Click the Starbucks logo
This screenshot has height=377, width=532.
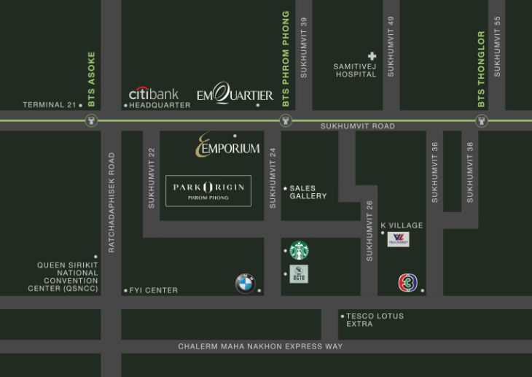tap(299, 250)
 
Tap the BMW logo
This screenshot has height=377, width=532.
tap(245, 284)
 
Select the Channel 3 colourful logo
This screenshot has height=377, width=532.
tap(407, 283)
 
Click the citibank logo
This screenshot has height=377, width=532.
tap(153, 93)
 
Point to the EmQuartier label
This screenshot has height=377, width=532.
tap(235, 95)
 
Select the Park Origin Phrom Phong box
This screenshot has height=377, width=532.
tap(208, 190)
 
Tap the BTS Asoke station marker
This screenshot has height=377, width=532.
tap(92, 122)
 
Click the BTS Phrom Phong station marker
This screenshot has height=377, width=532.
tap(285, 122)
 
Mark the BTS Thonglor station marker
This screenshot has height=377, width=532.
tap(480, 122)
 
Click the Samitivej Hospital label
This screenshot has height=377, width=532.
tap(355, 70)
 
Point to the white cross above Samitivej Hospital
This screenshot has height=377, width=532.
tap(372, 55)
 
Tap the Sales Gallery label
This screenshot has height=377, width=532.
tap(308, 192)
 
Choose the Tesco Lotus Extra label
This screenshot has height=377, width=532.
tap(375, 319)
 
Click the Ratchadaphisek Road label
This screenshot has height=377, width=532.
tap(112, 202)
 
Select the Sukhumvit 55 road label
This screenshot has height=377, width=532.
tap(498, 47)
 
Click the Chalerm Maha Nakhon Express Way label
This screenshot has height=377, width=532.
tap(260, 346)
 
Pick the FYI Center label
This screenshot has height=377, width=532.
tap(153, 290)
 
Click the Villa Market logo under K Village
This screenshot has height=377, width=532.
tap(398, 238)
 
